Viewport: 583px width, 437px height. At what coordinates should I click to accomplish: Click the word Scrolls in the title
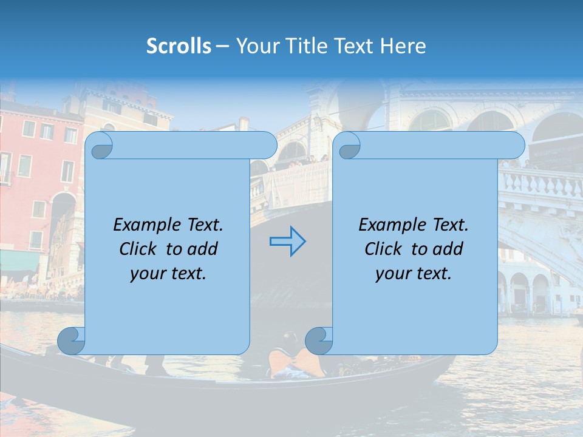pyautogui.click(x=179, y=46)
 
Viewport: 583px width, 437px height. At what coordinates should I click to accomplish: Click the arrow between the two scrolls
pyautogui.click(x=287, y=241)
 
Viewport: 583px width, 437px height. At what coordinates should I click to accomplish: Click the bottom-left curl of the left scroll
pyautogui.click(x=71, y=341)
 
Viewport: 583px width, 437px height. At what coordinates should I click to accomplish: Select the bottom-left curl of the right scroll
pyautogui.click(x=319, y=341)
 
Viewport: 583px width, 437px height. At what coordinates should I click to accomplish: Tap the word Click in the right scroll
pyautogui.click(x=383, y=249)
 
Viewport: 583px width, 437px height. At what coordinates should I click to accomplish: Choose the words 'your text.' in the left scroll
pyautogui.click(x=168, y=273)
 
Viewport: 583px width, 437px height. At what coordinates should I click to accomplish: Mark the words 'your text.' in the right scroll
pyautogui.click(x=414, y=273)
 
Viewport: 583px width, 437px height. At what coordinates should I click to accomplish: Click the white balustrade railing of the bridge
pyautogui.click(x=540, y=182)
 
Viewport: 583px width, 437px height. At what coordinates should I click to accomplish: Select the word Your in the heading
pyautogui.click(x=255, y=46)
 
